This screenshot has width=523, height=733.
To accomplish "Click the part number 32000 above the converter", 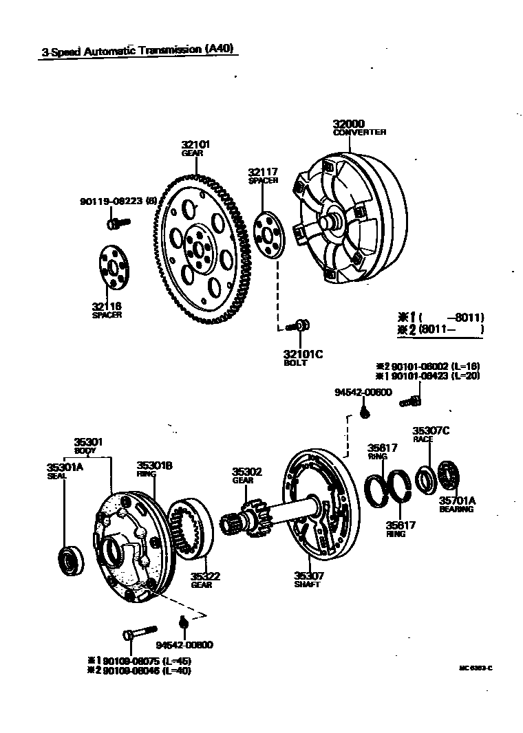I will pyautogui.click(x=349, y=124).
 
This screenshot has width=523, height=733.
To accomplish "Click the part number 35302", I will pyautogui.click(x=247, y=472).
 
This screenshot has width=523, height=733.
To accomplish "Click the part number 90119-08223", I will pyautogui.click(x=111, y=201).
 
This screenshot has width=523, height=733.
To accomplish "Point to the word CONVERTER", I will pyautogui.click(x=360, y=132).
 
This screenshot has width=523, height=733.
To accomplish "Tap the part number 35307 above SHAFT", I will pyautogui.click(x=309, y=576).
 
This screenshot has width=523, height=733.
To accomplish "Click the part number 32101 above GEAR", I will pyautogui.click(x=196, y=145).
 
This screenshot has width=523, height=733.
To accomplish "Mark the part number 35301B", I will pyautogui.click(x=154, y=466).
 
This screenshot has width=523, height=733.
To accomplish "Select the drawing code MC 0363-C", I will pyautogui.click(x=476, y=668).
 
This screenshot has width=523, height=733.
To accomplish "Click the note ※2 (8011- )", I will pyautogui.click(x=440, y=329).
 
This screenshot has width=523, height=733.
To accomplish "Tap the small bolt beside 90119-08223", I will pyautogui.click(x=119, y=222).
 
